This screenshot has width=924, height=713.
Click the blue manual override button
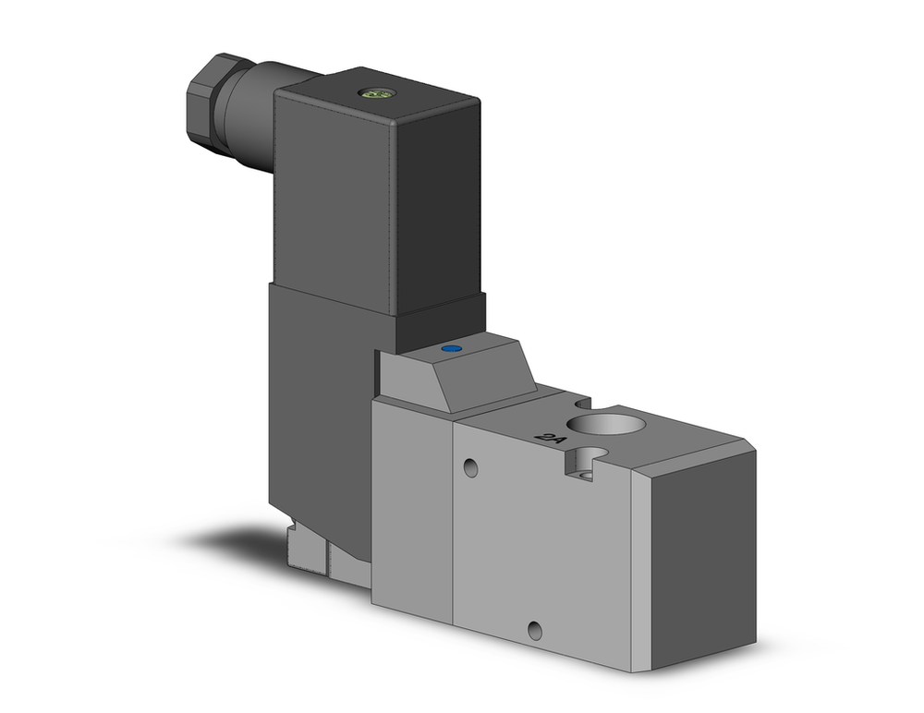(x=451, y=349)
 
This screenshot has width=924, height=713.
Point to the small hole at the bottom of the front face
(x=535, y=631)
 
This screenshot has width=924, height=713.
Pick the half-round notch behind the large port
(x=580, y=404)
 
